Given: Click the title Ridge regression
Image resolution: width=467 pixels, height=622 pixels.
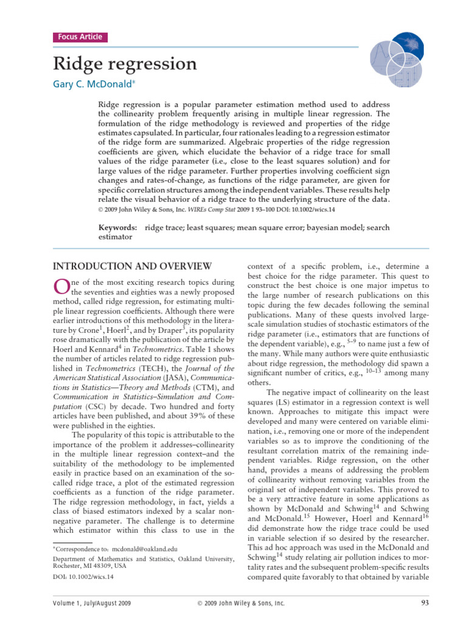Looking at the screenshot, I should pyautogui.click(x=125, y=64).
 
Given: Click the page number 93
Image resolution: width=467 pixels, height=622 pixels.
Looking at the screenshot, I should pyautogui.click(x=425, y=603).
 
